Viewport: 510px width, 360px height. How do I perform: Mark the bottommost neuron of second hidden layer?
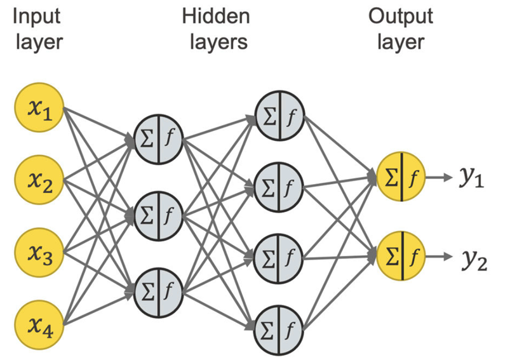click(280, 329)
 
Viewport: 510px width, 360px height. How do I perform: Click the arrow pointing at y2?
click(440, 257)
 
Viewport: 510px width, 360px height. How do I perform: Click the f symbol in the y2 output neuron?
click(414, 257)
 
